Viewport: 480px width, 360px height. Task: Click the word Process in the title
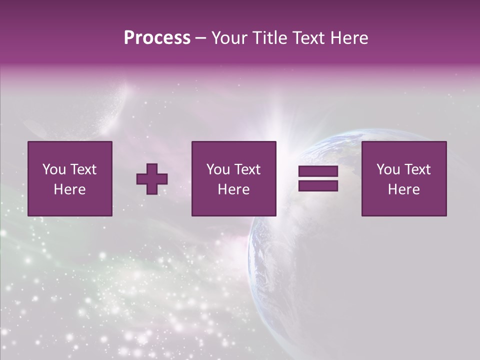point(157,38)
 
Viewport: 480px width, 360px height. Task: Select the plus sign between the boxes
point(152,178)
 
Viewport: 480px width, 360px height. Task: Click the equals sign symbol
point(318,178)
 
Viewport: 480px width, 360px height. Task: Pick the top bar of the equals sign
point(318,171)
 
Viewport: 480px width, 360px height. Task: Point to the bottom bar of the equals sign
point(318,186)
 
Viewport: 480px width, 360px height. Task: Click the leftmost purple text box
point(69,178)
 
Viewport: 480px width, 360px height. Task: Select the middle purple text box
point(233,178)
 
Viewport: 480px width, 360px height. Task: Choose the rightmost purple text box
point(403,178)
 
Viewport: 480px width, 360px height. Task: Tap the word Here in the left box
point(69,189)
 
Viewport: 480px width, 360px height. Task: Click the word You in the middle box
point(217,169)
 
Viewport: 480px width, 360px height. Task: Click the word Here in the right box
point(403,189)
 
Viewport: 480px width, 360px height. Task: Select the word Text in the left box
point(83,169)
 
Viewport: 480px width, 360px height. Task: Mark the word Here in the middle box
point(233,189)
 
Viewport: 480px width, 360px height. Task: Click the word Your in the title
point(229,38)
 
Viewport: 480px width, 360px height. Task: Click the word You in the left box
point(53,169)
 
